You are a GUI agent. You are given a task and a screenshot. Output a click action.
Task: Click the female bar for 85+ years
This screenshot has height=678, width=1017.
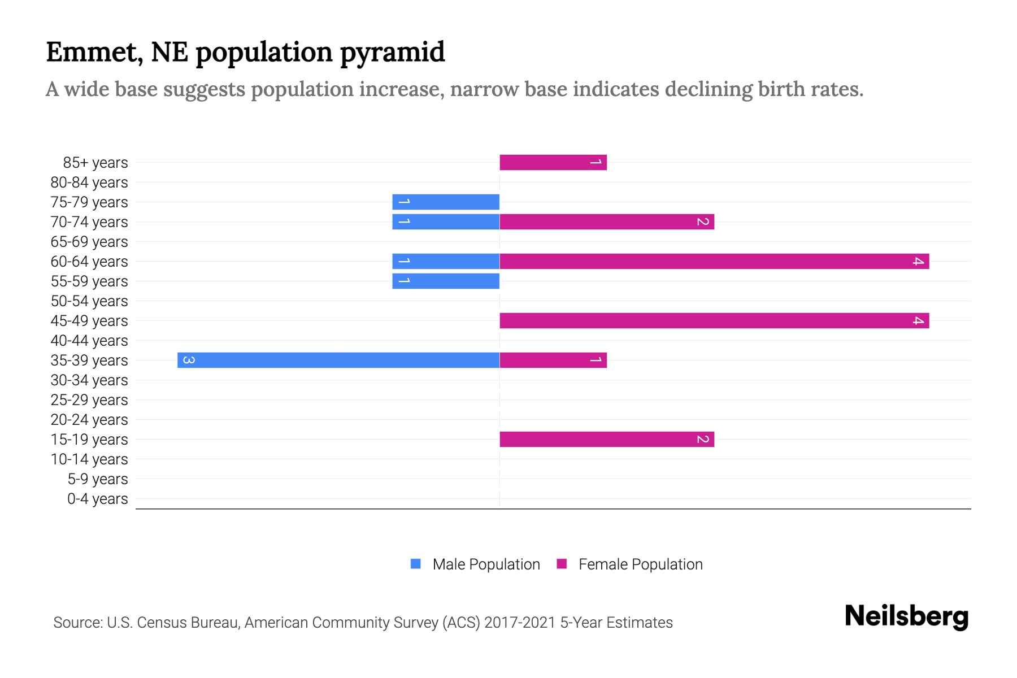553,163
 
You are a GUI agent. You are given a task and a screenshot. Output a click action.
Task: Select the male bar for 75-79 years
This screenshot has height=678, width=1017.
446,202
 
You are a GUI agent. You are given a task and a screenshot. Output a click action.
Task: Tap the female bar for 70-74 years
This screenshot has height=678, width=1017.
606,222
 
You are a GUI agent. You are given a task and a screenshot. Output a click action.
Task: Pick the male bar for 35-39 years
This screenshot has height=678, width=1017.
338,360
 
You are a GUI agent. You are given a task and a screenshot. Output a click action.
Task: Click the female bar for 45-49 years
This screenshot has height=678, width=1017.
714,321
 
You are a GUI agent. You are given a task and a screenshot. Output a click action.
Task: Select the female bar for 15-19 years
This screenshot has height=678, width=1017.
606,440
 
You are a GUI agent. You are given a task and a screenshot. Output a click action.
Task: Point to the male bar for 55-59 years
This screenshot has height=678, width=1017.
446,281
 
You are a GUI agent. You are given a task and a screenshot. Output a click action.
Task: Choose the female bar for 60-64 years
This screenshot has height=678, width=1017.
714,262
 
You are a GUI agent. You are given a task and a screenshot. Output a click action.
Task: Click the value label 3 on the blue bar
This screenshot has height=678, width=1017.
189,360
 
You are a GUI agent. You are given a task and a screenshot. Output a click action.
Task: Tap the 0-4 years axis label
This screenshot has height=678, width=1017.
97,499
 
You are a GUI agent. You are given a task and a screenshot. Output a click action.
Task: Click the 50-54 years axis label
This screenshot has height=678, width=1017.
89,301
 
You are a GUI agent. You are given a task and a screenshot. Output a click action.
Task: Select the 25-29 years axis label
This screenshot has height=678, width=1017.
89,400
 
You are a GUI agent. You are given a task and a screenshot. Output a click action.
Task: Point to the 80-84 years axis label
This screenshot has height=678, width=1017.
89,182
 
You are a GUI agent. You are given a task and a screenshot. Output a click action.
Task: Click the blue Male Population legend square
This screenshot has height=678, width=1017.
416,564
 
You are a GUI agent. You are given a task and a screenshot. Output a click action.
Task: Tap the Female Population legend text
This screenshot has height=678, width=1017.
640,564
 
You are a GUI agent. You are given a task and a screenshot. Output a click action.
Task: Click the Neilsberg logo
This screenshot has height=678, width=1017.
906,616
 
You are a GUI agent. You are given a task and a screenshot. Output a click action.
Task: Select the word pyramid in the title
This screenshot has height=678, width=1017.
392,53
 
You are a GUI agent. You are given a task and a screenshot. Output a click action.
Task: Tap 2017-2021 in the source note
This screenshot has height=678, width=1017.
520,623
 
